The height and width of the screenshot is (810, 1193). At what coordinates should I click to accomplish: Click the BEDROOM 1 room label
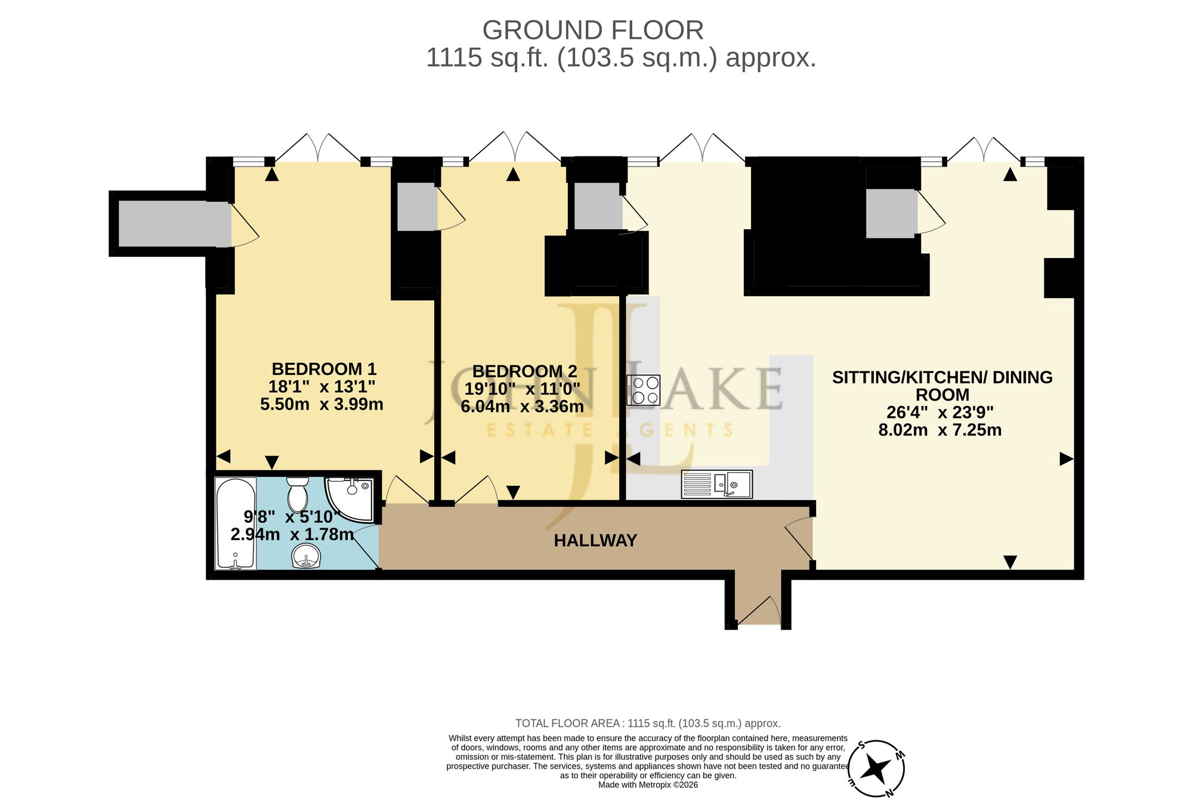pyautogui.click(x=324, y=369)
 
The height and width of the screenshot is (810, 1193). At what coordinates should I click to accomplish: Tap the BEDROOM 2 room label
pyautogui.click(x=524, y=371)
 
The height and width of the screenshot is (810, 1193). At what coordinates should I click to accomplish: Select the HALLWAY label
pyautogui.click(x=595, y=541)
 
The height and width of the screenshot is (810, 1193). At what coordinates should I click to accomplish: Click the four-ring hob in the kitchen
pyautogui.click(x=643, y=390)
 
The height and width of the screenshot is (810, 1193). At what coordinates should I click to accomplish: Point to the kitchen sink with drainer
pyautogui.click(x=716, y=484)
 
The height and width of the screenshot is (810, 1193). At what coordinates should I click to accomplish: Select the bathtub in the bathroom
pyautogui.click(x=235, y=523)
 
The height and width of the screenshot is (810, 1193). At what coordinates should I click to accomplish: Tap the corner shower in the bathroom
pyautogui.click(x=350, y=498)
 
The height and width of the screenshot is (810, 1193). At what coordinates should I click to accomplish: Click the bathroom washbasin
pyautogui.click(x=307, y=557)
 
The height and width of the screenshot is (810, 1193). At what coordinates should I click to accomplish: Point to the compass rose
pyautogui.click(x=876, y=769)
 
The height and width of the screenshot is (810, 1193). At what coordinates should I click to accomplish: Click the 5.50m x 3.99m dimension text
pyautogui.click(x=322, y=404)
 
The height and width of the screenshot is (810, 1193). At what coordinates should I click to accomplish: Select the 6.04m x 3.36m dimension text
pyautogui.click(x=522, y=406)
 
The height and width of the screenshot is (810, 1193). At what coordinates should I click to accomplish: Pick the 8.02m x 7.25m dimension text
pyautogui.click(x=940, y=430)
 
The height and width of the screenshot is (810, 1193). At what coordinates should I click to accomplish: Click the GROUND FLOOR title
pyautogui.click(x=593, y=30)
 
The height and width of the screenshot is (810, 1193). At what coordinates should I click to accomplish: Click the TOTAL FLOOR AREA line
pyautogui.click(x=648, y=723)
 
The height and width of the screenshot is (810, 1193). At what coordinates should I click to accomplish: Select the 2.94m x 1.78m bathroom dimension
pyautogui.click(x=292, y=534)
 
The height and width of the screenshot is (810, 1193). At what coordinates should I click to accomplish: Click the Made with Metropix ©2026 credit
pyautogui.click(x=648, y=785)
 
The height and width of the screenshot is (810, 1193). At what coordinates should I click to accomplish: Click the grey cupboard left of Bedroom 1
pyautogui.click(x=175, y=224)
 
